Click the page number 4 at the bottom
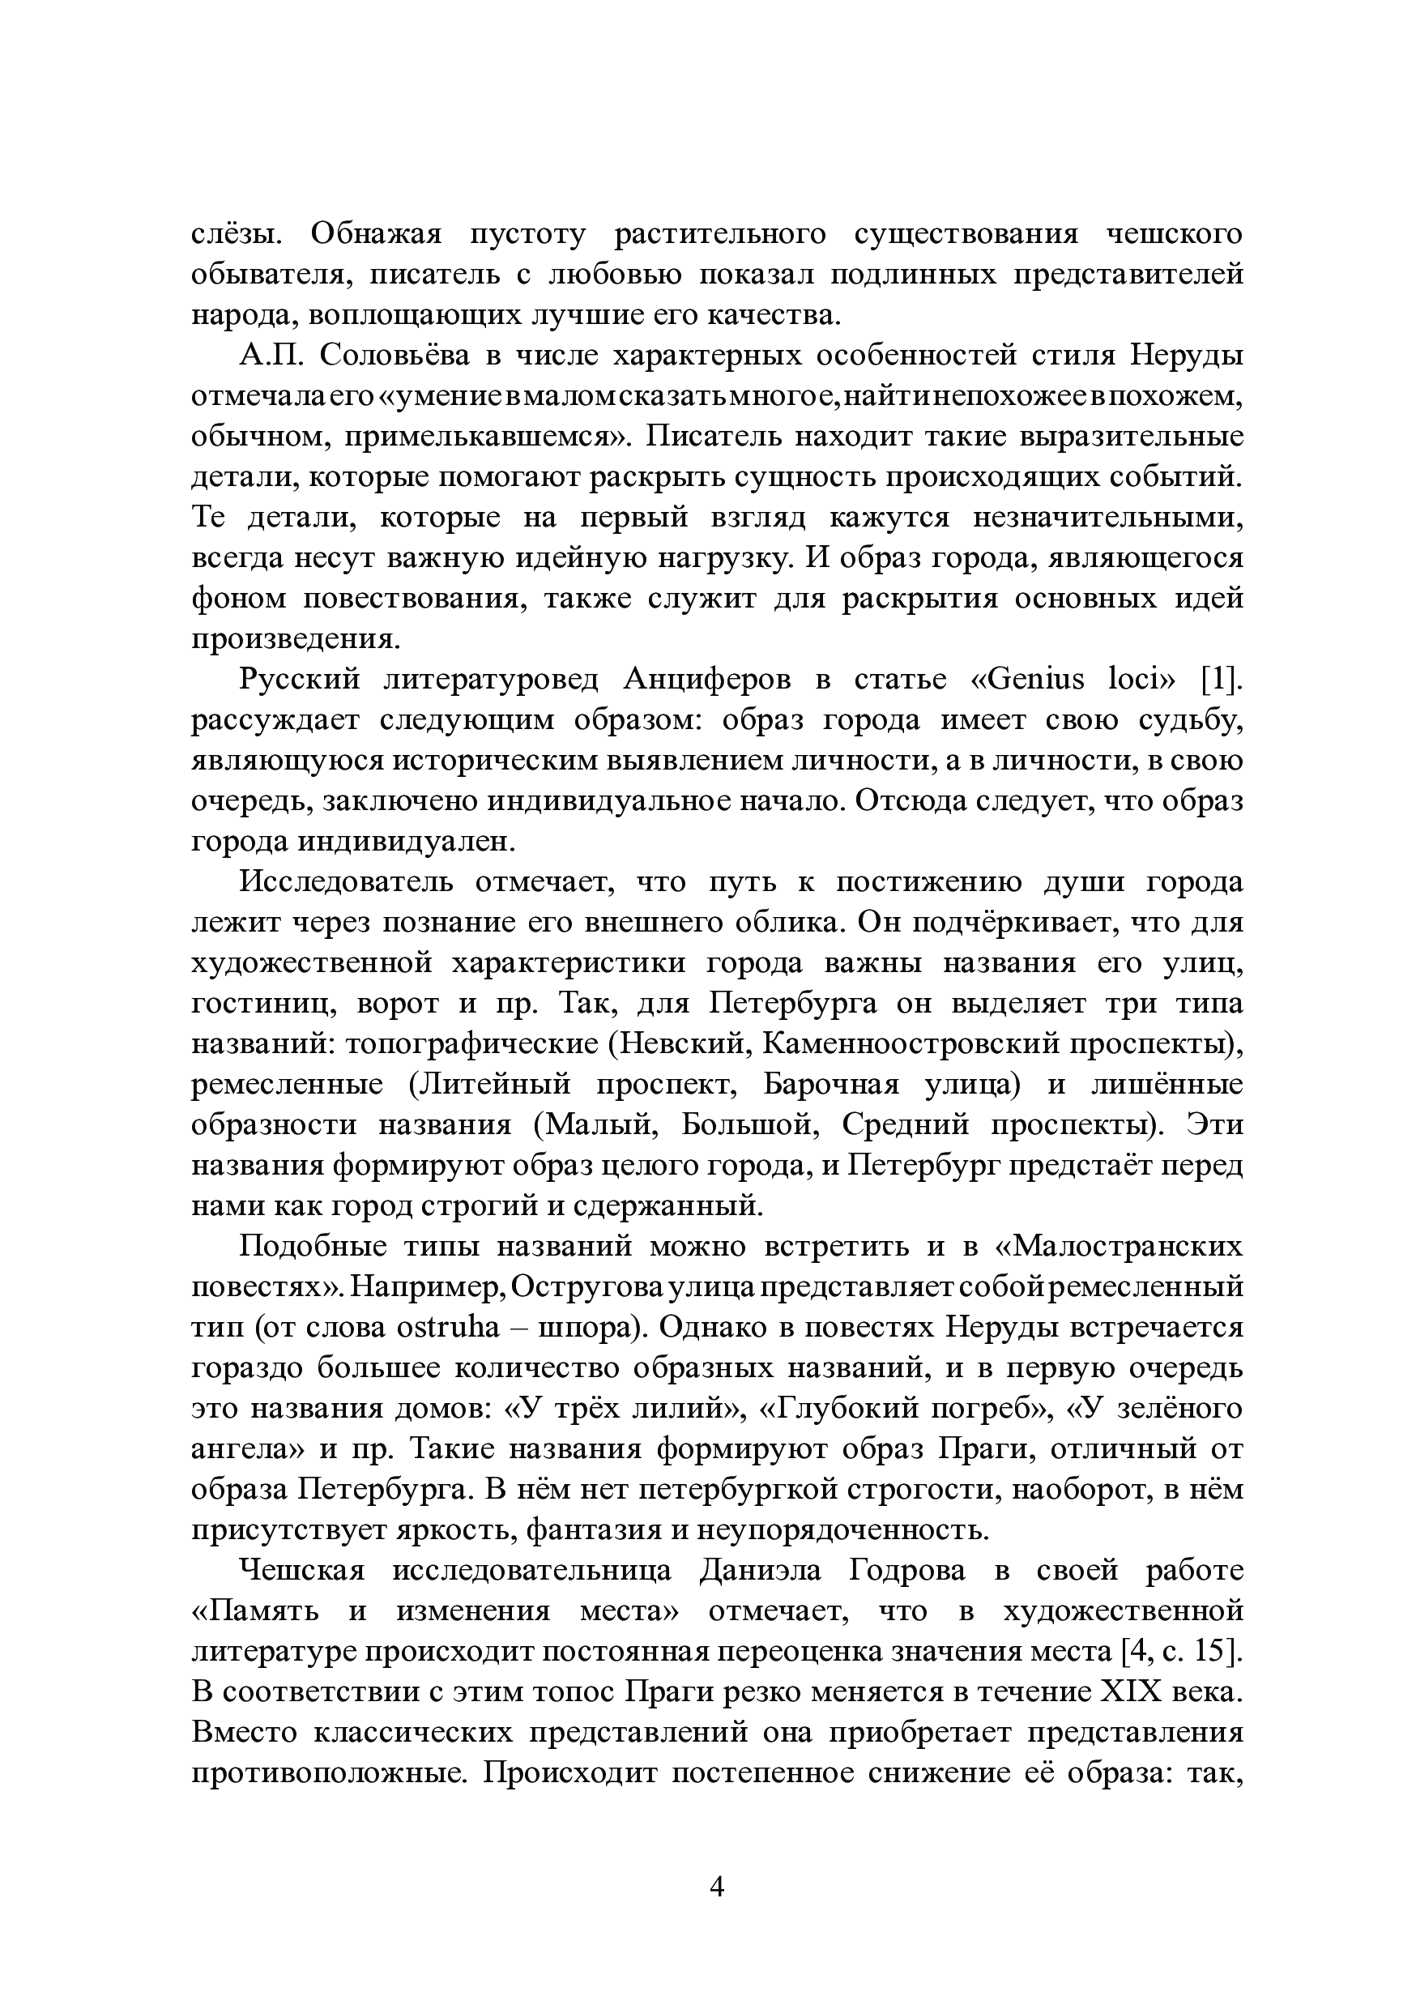point(716,1887)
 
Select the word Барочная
point(830,1084)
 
